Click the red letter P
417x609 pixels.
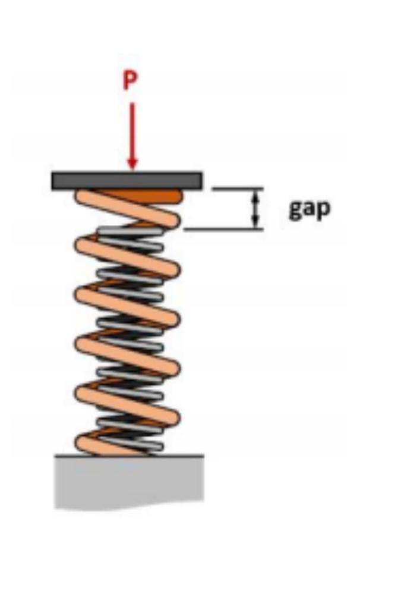(130, 81)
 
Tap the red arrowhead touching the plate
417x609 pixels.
(132, 163)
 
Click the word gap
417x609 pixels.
(309, 209)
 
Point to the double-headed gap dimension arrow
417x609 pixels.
(255, 209)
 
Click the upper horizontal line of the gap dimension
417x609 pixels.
(238, 189)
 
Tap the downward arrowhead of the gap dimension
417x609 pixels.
(255, 222)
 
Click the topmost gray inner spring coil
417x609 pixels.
(128, 230)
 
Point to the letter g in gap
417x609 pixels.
(295, 211)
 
